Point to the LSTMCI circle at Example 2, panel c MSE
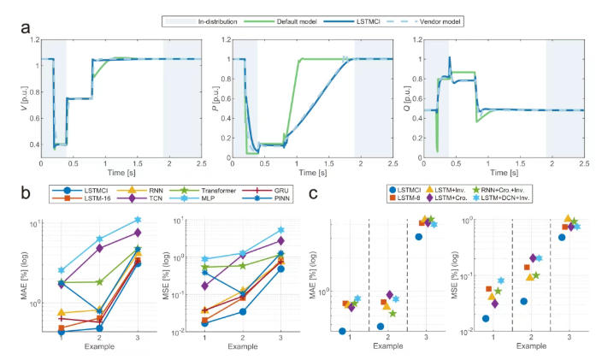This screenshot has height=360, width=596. tap(523, 301)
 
